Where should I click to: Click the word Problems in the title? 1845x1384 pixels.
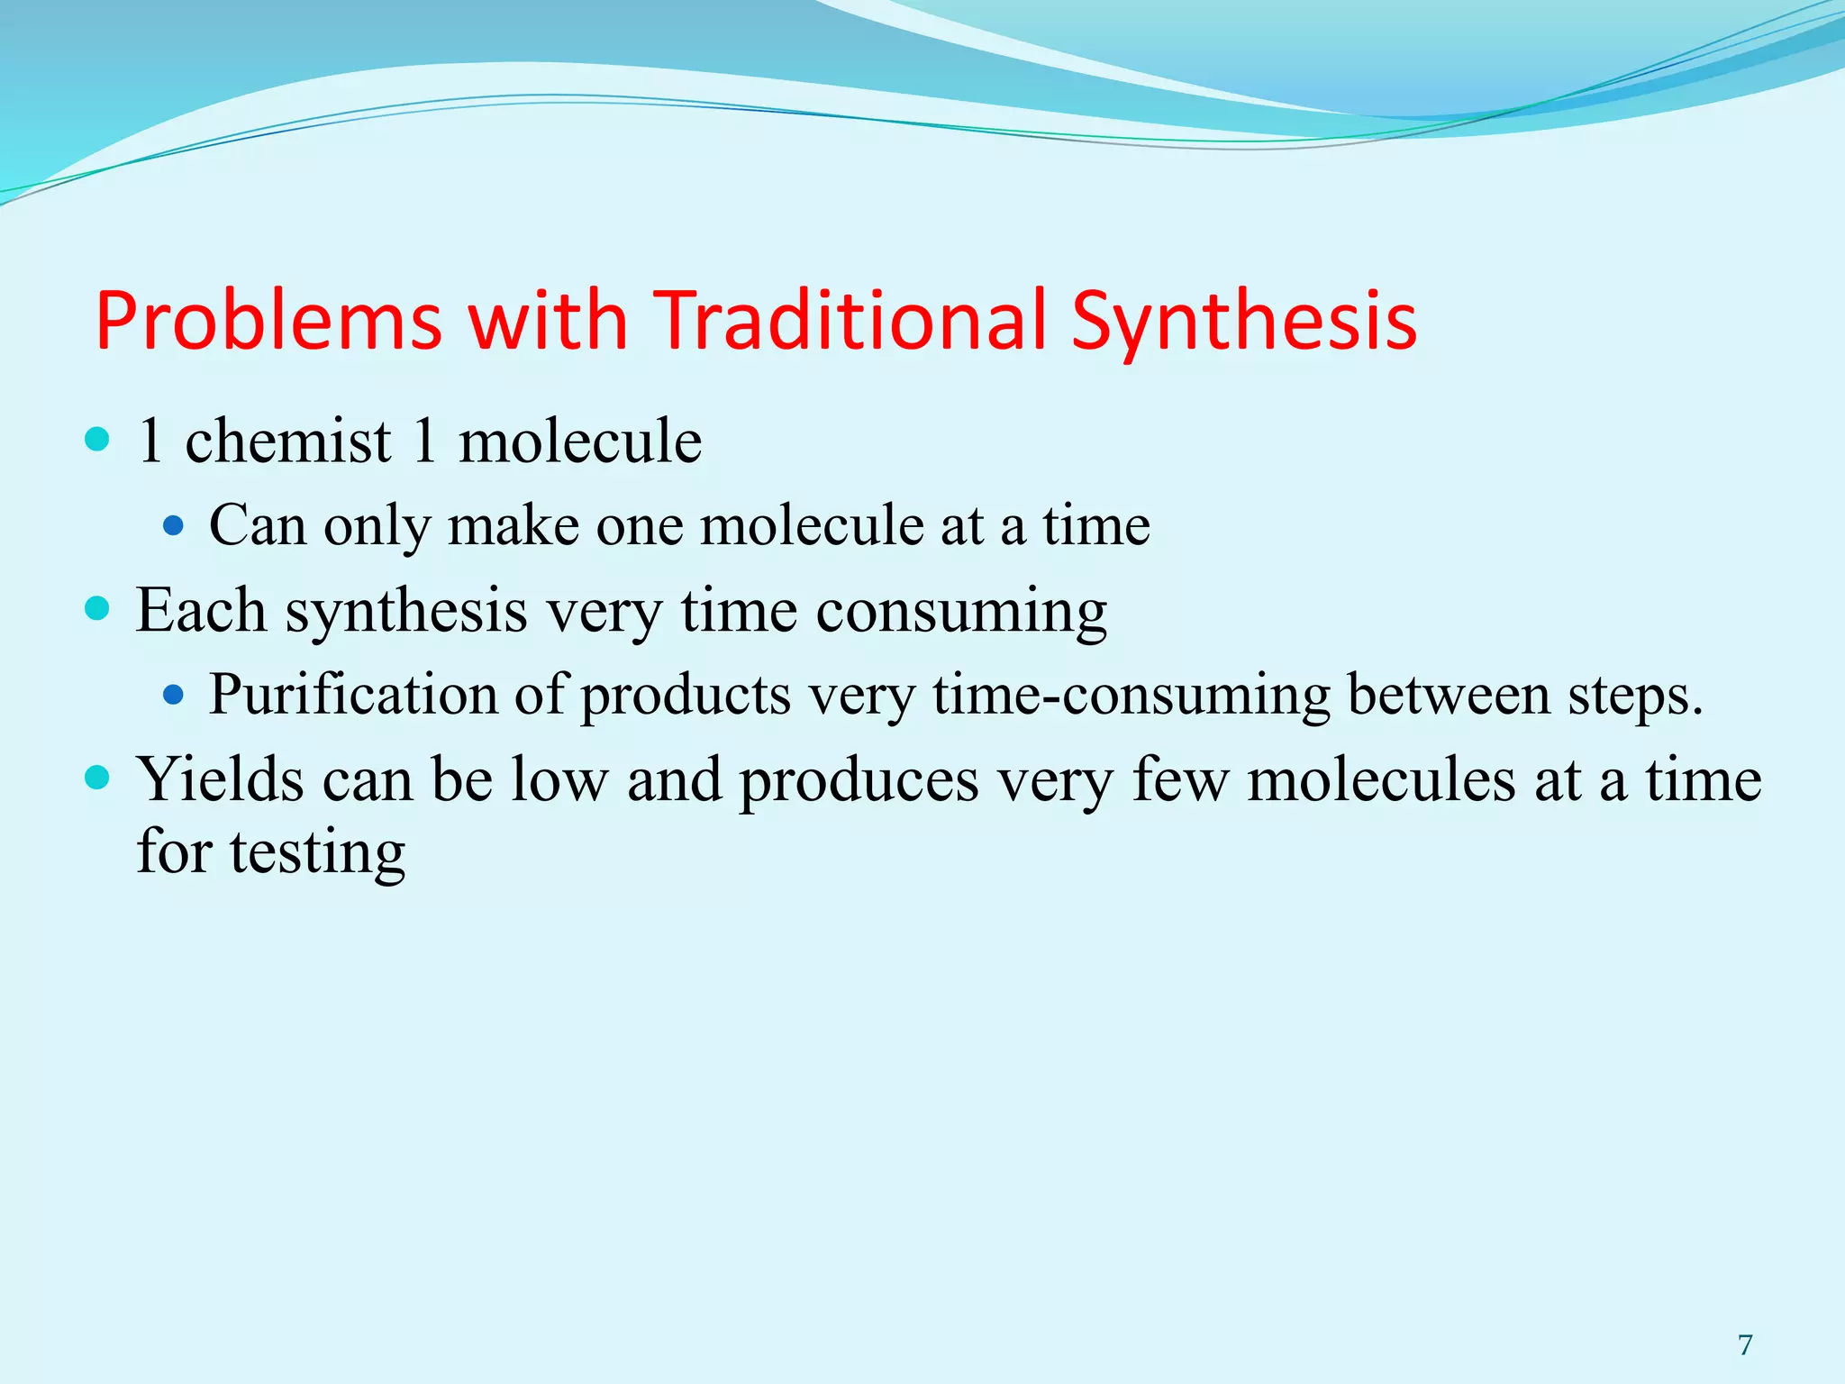[x=268, y=322]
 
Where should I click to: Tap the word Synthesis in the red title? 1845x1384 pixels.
[x=1243, y=322]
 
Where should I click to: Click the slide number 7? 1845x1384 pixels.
[x=1745, y=1345]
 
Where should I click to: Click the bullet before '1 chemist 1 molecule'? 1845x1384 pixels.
[x=97, y=440]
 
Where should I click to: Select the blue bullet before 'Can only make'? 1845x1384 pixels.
[x=173, y=525]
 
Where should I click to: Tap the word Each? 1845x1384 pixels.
[x=201, y=610]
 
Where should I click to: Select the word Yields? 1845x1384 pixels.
[x=221, y=779]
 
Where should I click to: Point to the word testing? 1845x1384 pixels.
[x=317, y=853]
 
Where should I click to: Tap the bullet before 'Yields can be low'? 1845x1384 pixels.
[x=97, y=778]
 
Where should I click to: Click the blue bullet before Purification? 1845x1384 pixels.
[x=173, y=695]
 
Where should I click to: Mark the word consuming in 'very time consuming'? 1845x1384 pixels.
[x=961, y=612]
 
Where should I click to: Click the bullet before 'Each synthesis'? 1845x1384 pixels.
[x=97, y=608]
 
